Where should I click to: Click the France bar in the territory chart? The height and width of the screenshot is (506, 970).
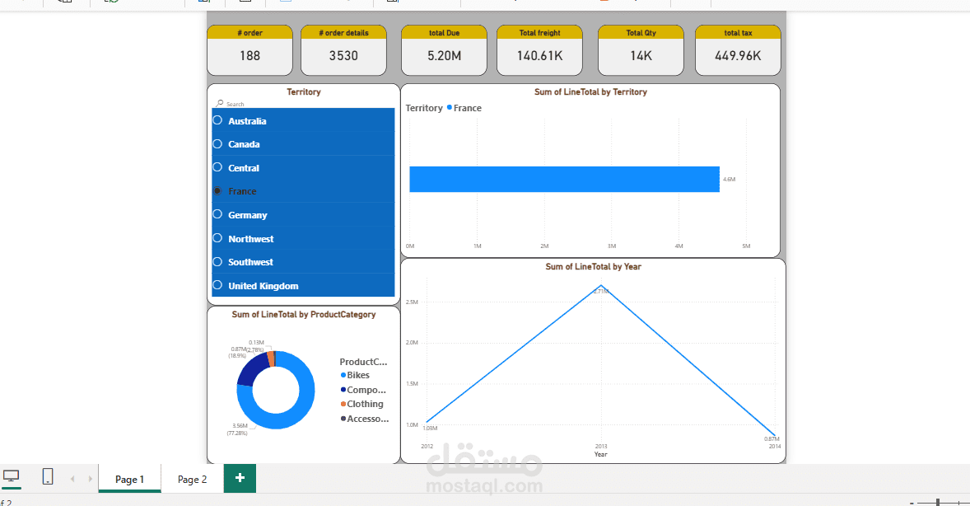tap(564, 179)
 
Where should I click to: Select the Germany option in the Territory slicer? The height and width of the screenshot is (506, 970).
tap(248, 215)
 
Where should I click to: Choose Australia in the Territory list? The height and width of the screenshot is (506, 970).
tap(247, 121)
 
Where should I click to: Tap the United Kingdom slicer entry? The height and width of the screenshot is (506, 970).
tap(263, 286)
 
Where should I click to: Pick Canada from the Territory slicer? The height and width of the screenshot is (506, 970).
tap(244, 144)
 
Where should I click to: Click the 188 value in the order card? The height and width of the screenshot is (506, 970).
tap(249, 56)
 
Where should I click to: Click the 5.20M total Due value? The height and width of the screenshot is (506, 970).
tap(444, 56)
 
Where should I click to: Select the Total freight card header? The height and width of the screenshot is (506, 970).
tap(539, 33)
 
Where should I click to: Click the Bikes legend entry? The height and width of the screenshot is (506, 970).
tap(358, 375)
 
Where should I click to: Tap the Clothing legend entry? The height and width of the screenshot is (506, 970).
tap(365, 404)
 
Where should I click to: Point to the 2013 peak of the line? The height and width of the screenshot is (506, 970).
tap(601, 286)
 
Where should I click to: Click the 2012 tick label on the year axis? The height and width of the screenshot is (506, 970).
tap(427, 446)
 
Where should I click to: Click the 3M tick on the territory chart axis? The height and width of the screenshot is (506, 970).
tap(612, 246)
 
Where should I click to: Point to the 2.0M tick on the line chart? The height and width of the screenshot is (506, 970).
tap(412, 342)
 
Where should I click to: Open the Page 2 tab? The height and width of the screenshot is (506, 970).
tap(192, 479)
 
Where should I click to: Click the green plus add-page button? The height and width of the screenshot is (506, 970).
tap(240, 478)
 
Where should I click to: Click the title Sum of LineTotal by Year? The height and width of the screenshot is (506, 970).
tap(593, 267)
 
